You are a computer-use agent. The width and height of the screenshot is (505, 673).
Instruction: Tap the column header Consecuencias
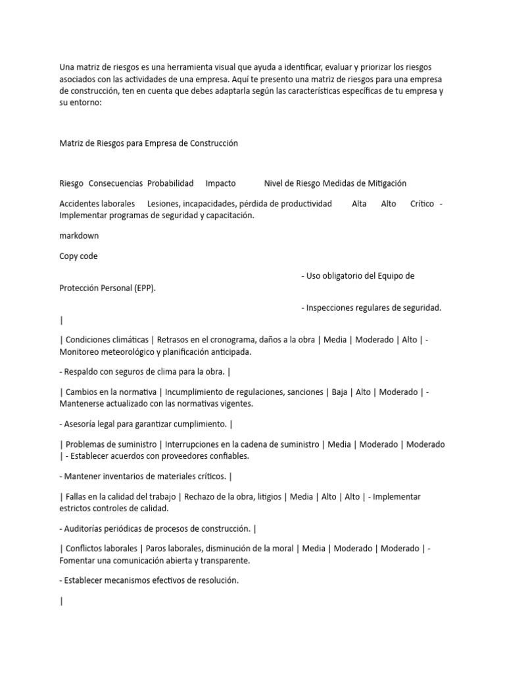(116, 183)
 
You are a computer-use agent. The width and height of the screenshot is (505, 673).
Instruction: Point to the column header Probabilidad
(170, 183)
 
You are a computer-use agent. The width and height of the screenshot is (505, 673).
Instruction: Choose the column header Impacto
(220, 183)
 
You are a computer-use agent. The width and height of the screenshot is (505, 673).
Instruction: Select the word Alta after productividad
(359, 204)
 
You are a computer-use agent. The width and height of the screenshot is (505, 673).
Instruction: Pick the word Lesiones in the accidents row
(162, 204)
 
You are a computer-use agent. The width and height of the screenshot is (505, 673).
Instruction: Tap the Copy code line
(78, 256)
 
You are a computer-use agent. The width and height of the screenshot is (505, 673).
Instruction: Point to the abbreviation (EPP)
(145, 288)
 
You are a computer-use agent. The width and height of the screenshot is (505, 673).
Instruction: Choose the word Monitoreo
(82, 352)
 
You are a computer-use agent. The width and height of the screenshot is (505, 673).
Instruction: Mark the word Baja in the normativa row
(339, 392)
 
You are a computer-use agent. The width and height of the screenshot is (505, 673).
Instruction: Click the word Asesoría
(83, 424)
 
